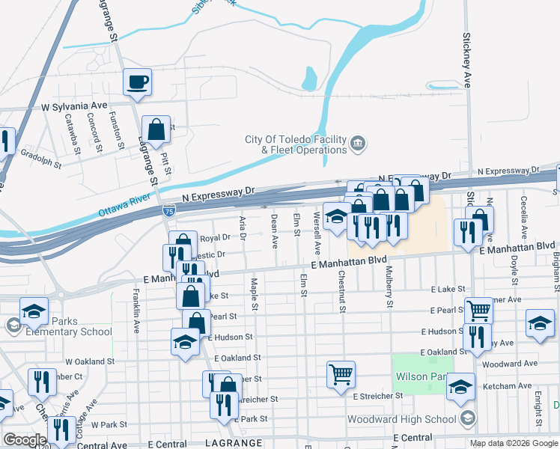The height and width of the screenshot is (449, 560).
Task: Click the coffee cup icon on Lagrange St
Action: click(x=138, y=82)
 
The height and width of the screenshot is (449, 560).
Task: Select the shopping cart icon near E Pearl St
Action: click(x=478, y=310)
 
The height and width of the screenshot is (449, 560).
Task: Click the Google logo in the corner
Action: click(x=25, y=439)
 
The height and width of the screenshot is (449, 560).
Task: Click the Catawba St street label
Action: click(x=71, y=129)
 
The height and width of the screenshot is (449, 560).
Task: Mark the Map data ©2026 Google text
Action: click(x=514, y=443)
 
